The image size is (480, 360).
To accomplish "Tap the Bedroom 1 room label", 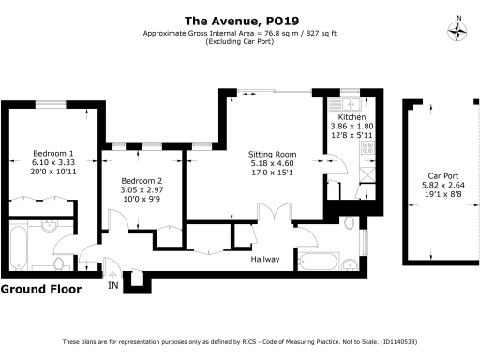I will click(x=53, y=152).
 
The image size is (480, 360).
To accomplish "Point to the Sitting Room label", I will click(x=272, y=153).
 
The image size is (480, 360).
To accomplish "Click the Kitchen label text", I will click(x=352, y=117).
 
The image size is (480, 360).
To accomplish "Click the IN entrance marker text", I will click(x=113, y=284).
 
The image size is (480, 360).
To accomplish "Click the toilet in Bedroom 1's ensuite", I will click(x=59, y=262).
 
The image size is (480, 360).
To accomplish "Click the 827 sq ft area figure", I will click(x=317, y=35).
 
